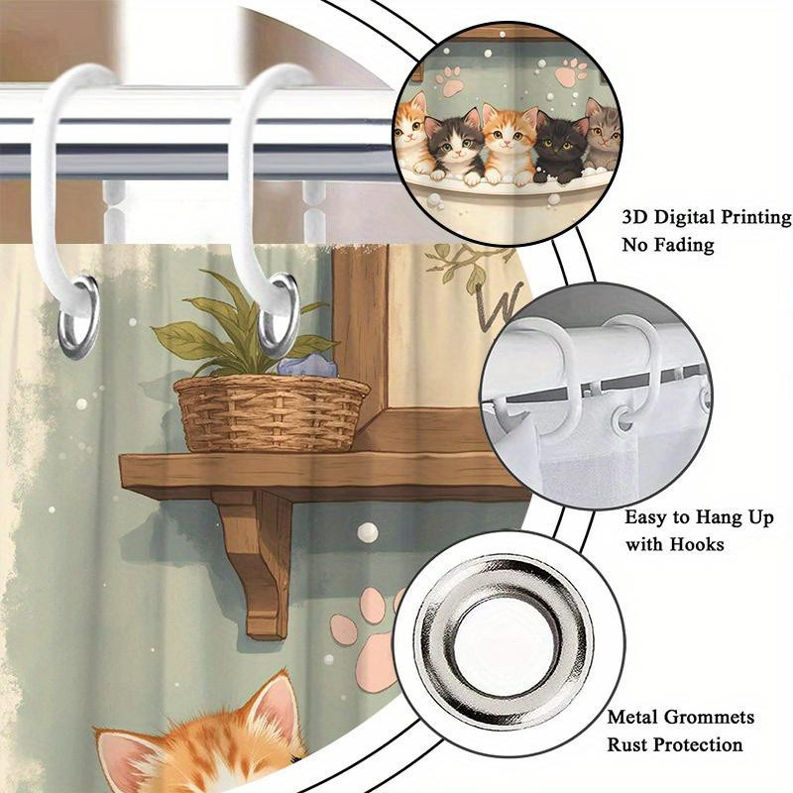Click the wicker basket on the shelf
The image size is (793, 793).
tap(272, 412)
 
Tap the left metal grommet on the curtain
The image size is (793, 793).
tap(78, 317)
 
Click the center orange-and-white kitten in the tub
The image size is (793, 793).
tap(508, 144)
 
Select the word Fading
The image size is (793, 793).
tap(684, 245)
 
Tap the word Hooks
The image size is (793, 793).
tap(697, 544)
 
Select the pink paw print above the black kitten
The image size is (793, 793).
tap(573, 72)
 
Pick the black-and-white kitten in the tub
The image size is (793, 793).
tap(454, 148)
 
